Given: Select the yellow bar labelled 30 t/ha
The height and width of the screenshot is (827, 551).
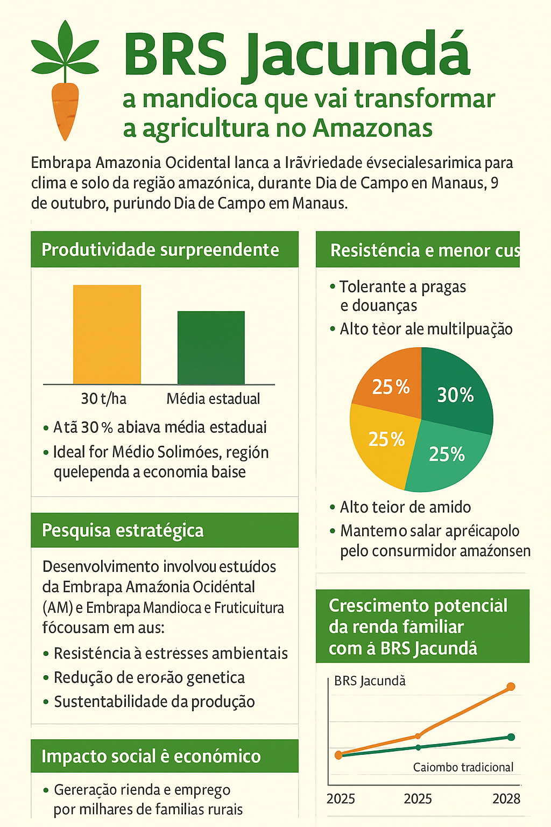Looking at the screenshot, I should (107, 334).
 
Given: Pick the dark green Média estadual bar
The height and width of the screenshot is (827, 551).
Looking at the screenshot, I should (211, 347).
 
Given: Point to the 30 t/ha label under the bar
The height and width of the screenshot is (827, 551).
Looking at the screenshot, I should (103, 398).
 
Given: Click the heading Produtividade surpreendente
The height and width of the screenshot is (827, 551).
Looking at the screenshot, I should (160, 250).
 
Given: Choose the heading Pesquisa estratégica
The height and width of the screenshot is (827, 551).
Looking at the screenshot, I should (123, 530).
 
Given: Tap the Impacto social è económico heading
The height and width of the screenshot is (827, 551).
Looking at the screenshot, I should (151, 756).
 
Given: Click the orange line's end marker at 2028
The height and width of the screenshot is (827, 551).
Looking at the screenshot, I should (511, 686).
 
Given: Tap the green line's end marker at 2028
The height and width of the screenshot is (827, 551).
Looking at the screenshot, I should (511, 737).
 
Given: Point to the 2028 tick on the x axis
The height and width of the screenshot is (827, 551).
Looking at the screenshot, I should (506, 798).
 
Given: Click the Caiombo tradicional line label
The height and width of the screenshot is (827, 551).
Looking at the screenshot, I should (463, 767).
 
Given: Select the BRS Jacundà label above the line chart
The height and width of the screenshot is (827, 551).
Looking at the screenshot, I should (370, 681).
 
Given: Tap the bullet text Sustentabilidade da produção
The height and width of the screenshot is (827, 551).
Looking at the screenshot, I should (154, 702).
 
